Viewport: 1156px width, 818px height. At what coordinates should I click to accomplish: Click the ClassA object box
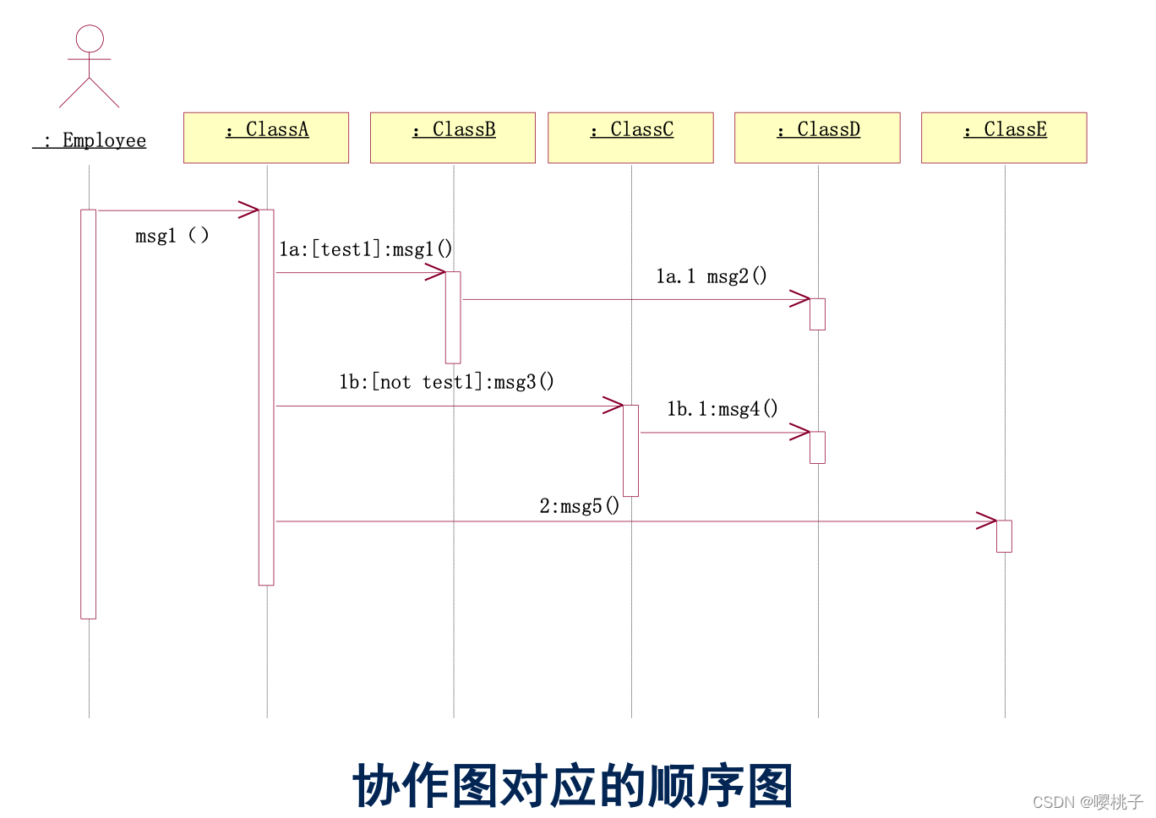pyautogui.click(x=266, y=137)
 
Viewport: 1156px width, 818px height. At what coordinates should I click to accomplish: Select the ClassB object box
pyautogui.click(x=453, y=137)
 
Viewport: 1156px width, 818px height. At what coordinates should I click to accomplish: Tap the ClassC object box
pyautogui.click(x=630, y=137)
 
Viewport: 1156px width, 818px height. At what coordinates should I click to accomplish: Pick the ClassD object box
pyautogui.click(x=817, y=137)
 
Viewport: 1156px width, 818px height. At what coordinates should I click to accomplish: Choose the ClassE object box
pyautogui.click(x=1004, y=137)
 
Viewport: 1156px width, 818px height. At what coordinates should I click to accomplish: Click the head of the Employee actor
pyautogui.click(x=90, y=39)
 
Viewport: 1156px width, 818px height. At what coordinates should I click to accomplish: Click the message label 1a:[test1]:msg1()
pyautogui.click(x=366, y=249)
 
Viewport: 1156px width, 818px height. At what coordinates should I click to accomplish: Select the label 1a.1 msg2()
pyautogui.click(x=712, y=276)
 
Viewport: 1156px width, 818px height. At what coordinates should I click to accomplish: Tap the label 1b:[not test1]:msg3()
pyautogui.click(x=446, y=382)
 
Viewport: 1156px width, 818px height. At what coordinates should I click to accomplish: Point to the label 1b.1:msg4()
pyautogui.click(x=722, y=409)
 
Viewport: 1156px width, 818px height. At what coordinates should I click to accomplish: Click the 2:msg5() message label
pyautogui.click(x=580, y=506)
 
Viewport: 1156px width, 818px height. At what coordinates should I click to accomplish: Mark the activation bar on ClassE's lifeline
pyautogui.click(x=1004, y=536)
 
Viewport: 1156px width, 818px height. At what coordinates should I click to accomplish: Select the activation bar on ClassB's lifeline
pyautogui.click(x=453, y=317)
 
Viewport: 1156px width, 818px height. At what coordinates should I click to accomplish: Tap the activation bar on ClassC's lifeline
pyautogui.click(x=630, y=450)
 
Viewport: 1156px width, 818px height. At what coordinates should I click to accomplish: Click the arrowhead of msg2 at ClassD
pyautogui.click(x=800, y=299)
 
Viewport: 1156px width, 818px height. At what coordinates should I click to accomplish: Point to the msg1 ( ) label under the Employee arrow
pyautogui.click(x=172, y=236)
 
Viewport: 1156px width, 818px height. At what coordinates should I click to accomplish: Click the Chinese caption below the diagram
pyautogui.click(x=573, y=785)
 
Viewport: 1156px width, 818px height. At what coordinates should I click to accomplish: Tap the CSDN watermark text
pyautogui.click(x=1088, y=802)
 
